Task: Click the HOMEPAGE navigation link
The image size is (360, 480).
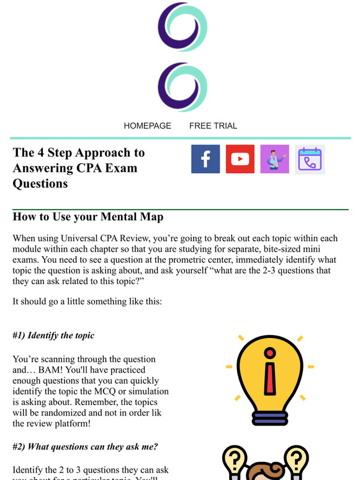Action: (147, 125)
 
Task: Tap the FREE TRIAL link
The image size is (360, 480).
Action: (213, 125)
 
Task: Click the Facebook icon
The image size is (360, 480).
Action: (205, 159)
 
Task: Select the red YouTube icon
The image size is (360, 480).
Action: (240, 159)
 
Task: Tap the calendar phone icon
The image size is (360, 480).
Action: (310, 159)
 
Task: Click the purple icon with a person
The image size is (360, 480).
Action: (275, 159)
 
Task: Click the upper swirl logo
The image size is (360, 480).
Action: (182, 27)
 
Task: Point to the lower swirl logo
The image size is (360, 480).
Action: (182, 87)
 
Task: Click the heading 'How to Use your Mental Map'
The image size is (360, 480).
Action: (88, 218)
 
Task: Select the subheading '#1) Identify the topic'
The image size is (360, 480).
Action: (53, 336)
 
